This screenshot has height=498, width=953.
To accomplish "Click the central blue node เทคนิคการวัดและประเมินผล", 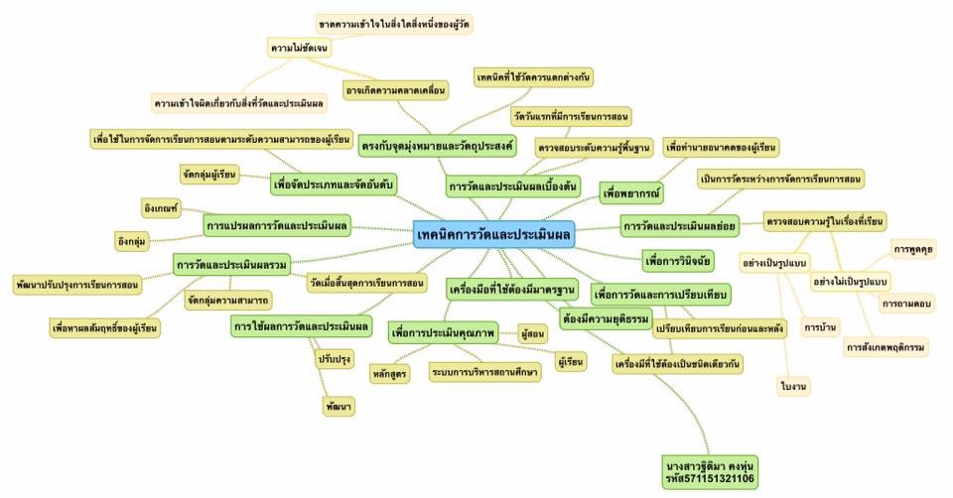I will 493,235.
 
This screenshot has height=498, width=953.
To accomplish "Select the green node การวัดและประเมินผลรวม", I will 232,264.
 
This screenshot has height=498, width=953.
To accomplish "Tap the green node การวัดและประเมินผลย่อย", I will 680,226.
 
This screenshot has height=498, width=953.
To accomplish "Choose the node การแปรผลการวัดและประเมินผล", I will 277,226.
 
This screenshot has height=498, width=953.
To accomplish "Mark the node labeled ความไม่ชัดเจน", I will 299,47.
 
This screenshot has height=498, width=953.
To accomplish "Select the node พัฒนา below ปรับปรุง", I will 339,407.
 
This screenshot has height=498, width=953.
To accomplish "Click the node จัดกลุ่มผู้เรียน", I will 209,175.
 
